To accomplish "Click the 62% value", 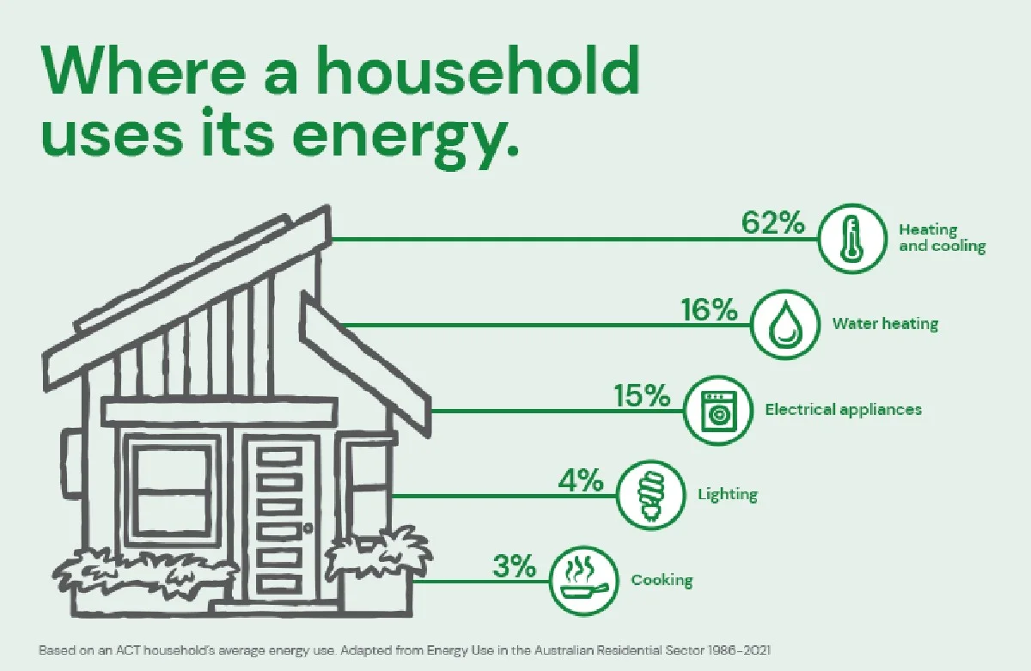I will (x=772, y=223).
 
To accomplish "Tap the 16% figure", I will (x=709, y=309).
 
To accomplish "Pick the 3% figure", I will (x=515, y=566).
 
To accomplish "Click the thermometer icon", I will (x=851, y=238).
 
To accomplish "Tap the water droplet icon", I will (x=784, y=325).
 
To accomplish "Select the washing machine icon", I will (x=717, y=410).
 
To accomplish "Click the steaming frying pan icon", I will (x=584, y=580).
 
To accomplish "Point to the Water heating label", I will (x=885, y=324).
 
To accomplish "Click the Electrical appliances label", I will (x=843, y=409).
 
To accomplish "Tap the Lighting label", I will (x=727, y=494).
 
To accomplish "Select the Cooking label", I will (x=662, y=580).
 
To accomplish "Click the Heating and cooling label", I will (x=941, y=238).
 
